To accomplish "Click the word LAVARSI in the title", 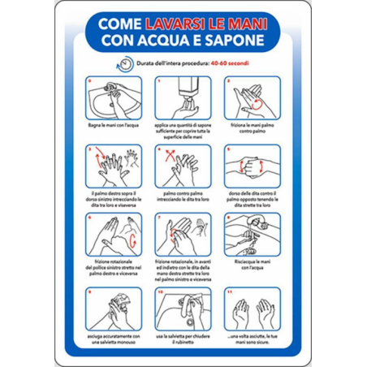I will (x=170, y=25).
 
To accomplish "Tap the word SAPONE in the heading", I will (x=240, y=41).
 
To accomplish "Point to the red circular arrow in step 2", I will (x=258, y=103).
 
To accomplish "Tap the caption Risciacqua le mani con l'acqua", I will (x=252, y=269).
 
